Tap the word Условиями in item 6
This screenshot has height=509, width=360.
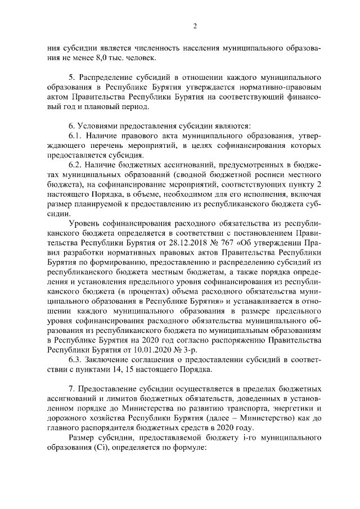tap(97, 125)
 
